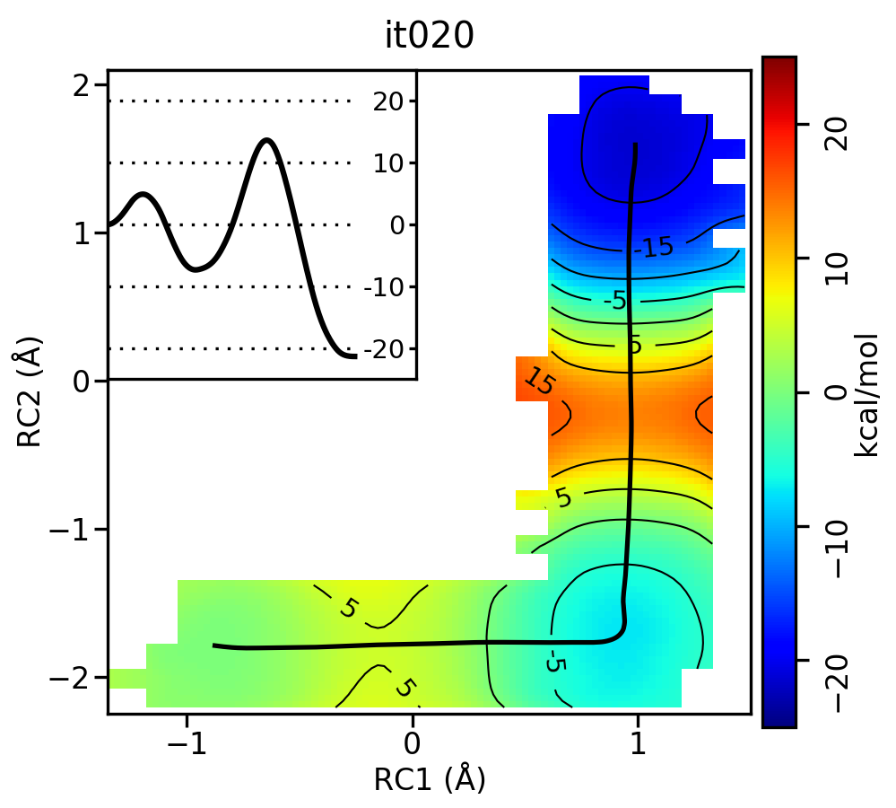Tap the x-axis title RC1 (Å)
[x=430, y=778]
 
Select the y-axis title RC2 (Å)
[x=30, y=399]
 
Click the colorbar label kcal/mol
[x=866, y=394]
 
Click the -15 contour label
[x=653, y=247]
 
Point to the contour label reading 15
[x=538, y=383]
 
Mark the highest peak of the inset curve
[x=266, y=140]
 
